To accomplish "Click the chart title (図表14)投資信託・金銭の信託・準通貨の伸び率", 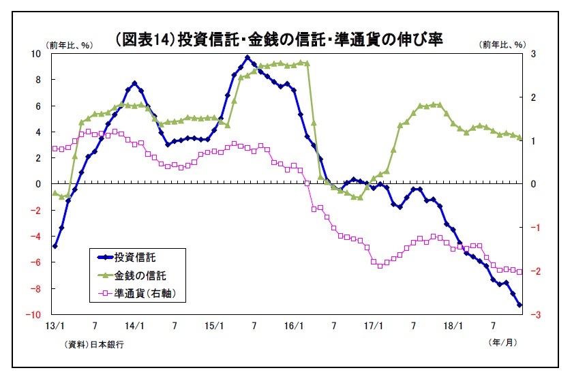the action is click(279, 40).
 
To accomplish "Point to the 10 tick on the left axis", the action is click(35, 54).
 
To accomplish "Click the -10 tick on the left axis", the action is click(33, 314).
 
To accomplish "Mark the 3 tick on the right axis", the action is click(533, 54).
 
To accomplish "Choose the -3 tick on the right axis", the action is click(535, 314).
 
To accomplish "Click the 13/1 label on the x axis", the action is click(55, 326).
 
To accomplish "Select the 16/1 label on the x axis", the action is click(294, 326).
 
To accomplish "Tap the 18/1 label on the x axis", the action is click(453, 326).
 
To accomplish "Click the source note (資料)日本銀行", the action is click(94, 344).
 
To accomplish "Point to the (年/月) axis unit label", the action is click(502, 342).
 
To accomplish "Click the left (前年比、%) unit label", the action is click(70, 45).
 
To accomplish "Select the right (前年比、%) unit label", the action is click(502, 44).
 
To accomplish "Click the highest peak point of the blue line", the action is click(247, 58).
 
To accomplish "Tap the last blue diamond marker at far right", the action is click(520, 305).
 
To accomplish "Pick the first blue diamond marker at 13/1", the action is click(55, 246).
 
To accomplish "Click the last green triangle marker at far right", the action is click(520, 138).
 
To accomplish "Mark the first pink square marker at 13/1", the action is click(55, 149).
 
